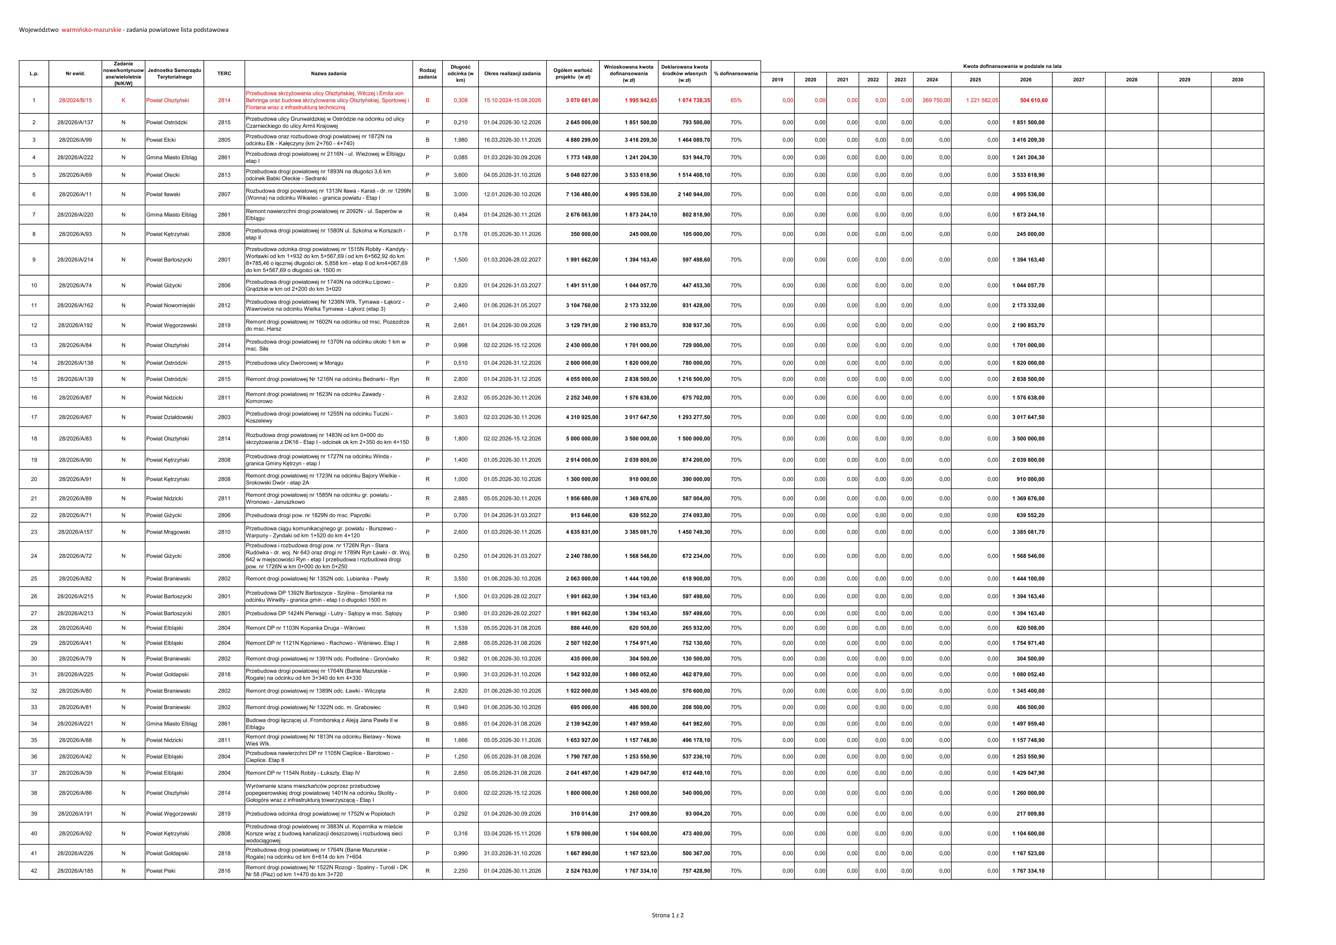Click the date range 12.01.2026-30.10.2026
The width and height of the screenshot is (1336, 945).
click(512, 195)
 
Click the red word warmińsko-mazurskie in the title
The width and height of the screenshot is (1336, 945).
click(91, 30)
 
